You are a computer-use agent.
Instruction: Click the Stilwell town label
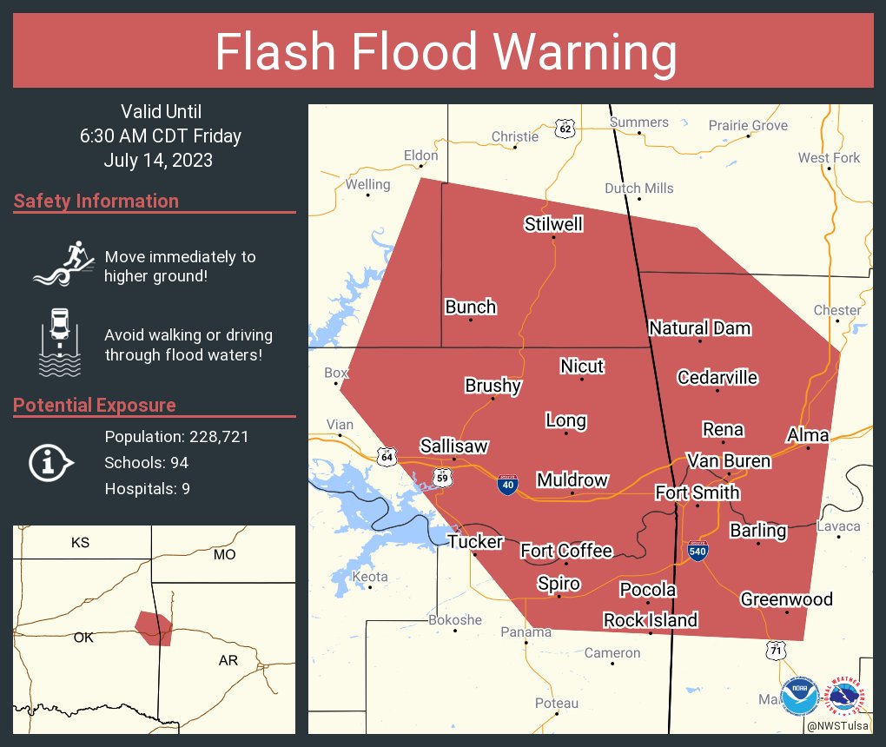click(553, 225)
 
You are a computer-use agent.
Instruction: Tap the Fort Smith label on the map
click(697, 492)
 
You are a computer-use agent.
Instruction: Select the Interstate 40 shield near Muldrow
click(507, 484)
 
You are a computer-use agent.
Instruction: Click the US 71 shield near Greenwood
click(777, 650)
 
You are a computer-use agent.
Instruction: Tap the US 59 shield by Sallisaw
click(441, 477)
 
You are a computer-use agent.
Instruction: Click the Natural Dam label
click(699, 328)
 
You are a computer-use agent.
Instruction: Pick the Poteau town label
click(556, 703)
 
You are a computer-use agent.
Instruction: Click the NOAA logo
click(800, 696)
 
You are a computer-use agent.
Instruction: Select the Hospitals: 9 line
click(147, 489)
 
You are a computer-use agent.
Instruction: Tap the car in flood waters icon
click(60, 341)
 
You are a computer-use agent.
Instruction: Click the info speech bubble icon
click(51, 462)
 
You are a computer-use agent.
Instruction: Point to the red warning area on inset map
click(154, 626)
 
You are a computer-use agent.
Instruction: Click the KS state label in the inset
click(80, 543)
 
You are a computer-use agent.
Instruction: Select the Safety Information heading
click(96, 202)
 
